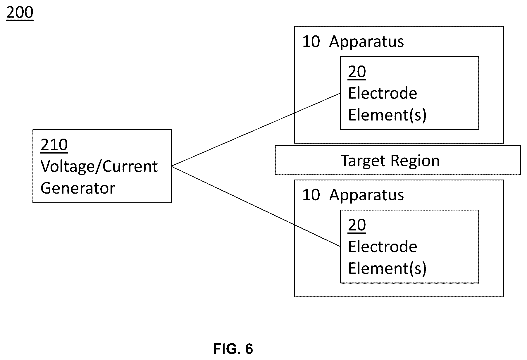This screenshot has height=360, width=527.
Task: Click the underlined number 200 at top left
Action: pos(20,13)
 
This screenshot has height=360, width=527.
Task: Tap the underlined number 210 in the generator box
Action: pos(54,145)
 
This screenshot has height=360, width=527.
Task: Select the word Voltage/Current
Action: pos(99,167)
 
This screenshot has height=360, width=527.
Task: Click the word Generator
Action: pos(78,188)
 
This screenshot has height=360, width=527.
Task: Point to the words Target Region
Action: pos(390,161)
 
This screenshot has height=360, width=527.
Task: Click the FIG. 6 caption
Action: pos(233,349)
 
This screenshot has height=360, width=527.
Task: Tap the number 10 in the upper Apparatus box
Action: pos(311,42)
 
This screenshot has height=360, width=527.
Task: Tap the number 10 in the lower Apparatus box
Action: pos(311,195)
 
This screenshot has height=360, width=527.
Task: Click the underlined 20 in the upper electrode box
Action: pos(357,72)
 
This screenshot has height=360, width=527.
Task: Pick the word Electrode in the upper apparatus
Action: pos(383,93)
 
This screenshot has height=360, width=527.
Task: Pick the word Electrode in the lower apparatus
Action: pos(383,247)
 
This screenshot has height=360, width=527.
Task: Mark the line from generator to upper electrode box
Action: pos(256,130)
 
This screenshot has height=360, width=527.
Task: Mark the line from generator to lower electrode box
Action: pos(256,206)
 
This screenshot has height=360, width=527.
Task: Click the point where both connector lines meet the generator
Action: pos(171,166)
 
